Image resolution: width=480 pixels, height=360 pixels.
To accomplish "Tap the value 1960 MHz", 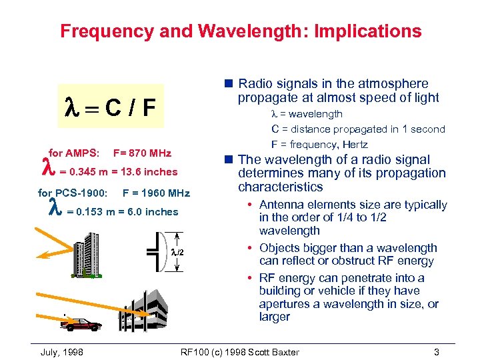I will (x=156, y=193).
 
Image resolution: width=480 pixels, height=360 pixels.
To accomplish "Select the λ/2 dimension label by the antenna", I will (x=176, y=252).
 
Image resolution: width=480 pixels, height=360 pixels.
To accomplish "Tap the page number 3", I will (x=436, y=351).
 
